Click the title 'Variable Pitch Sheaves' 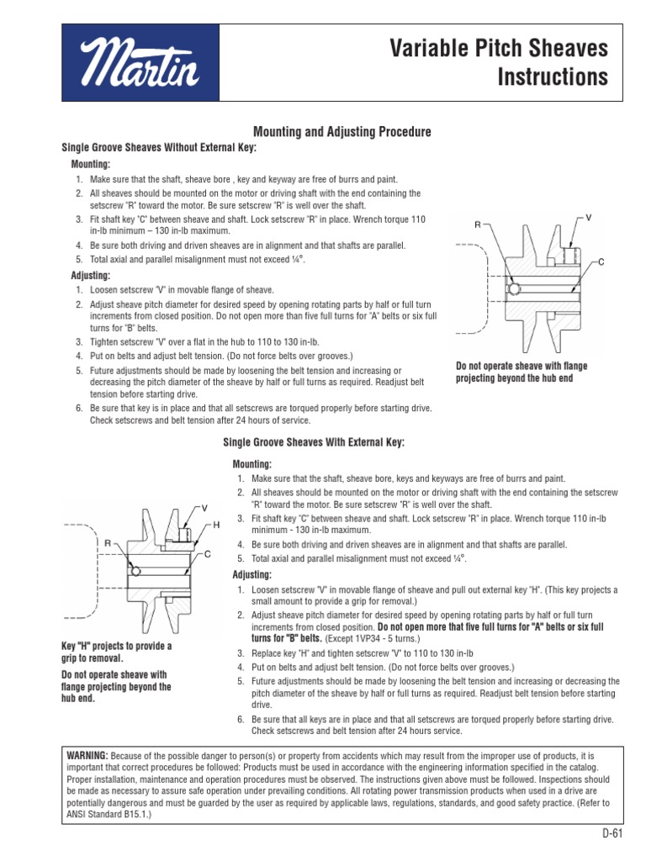(498, 50)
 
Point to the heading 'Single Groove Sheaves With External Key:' (313, 442)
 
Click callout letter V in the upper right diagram (589, 218)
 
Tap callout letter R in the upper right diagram (477, 225)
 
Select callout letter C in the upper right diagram (601, 262)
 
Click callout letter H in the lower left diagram (216, 525)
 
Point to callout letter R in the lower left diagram (109, 544)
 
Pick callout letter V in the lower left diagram (204, 509)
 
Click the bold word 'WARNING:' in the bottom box (87, 756)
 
